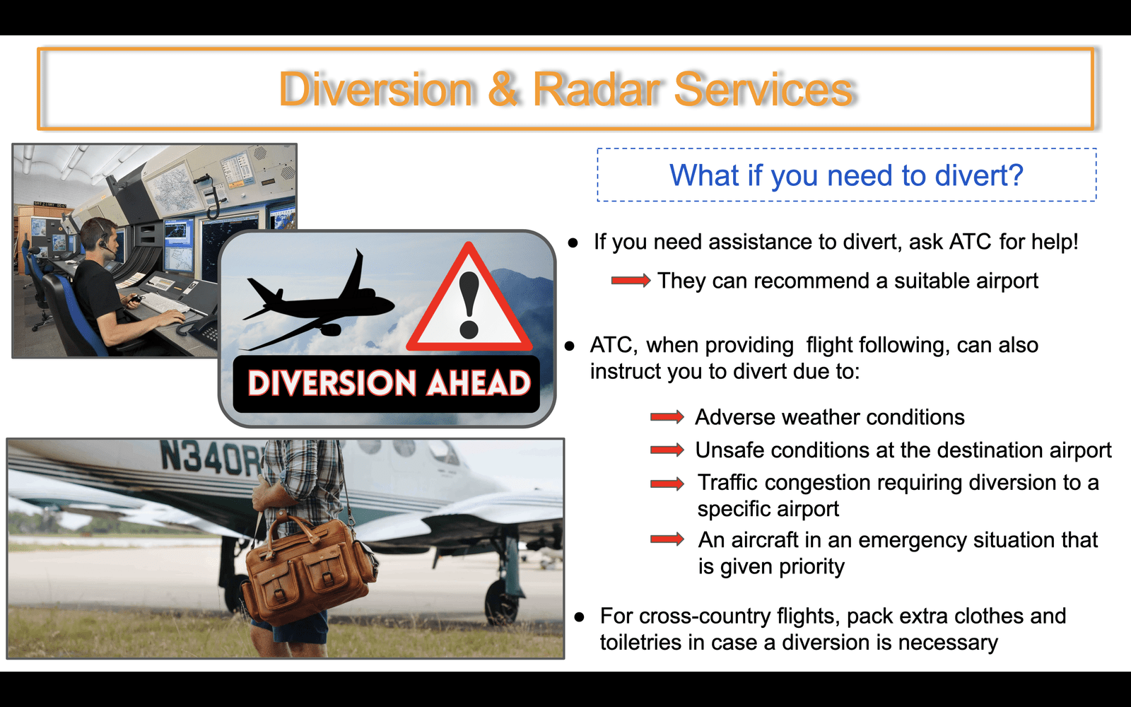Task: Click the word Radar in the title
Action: (597, 89)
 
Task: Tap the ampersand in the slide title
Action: (503, 89)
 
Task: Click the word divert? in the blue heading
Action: (978, 175)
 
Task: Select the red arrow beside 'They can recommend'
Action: (631, 280)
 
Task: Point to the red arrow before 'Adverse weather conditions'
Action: (667, 417)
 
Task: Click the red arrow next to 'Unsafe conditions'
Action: (667, 450)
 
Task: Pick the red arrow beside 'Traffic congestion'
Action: (667, 484)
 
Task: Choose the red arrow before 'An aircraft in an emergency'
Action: (667, 539)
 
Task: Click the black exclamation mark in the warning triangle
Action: (469, 305)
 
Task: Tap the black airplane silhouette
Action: (318, 300)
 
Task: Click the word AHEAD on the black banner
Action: (478, 383)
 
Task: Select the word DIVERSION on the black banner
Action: (332, 383)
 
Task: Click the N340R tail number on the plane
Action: (211, 457)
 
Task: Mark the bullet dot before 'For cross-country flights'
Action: (579, 617)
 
